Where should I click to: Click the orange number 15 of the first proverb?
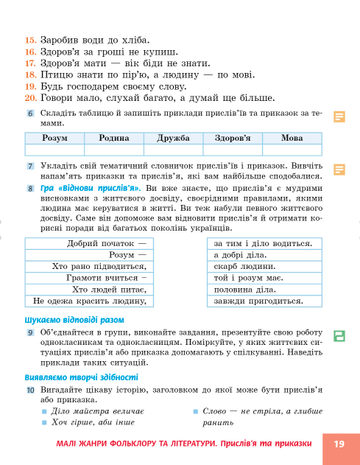[30, 39]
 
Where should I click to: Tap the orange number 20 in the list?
[30, 97]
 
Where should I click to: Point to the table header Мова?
[292, 138]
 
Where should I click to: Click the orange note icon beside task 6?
[339, 116]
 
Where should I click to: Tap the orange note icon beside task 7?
[339, 169]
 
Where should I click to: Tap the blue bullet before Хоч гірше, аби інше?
[44, 422]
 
